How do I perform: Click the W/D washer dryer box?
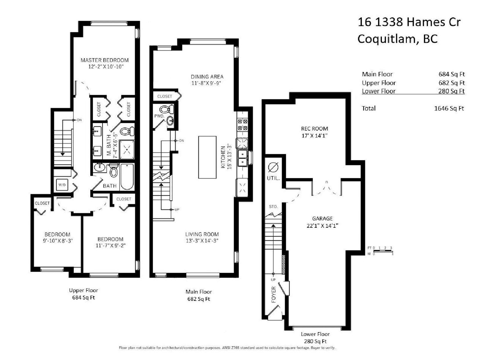[62, 185]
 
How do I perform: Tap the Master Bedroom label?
[104, 60]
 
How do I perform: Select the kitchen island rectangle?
[207, 157]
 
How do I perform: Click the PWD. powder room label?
[159, 116]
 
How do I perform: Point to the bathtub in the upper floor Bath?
[127, 177]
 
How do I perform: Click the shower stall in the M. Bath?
[127, 150]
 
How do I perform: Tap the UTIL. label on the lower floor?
[273, 178]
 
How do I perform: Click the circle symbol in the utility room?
[273, 168]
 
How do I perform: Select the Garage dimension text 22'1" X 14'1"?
[322, 226]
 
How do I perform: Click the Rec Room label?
[314, 128]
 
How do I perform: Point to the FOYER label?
[274, 294]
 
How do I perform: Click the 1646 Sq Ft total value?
[449, 108]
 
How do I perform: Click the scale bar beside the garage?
[383, 251]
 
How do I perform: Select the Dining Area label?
[207, 77]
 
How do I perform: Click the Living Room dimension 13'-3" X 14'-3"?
[202, 241]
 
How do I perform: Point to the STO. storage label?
[273, 207]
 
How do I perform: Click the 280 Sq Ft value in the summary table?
[451, 91]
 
